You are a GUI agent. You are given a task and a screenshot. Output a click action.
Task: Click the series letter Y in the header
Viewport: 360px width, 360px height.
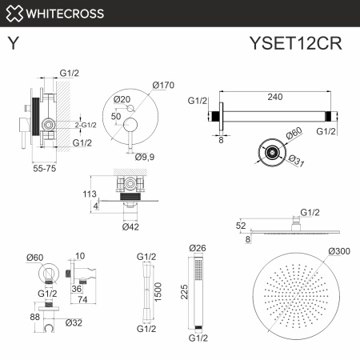(14, 44)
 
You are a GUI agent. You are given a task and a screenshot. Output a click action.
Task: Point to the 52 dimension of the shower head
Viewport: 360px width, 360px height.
(241, 226)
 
